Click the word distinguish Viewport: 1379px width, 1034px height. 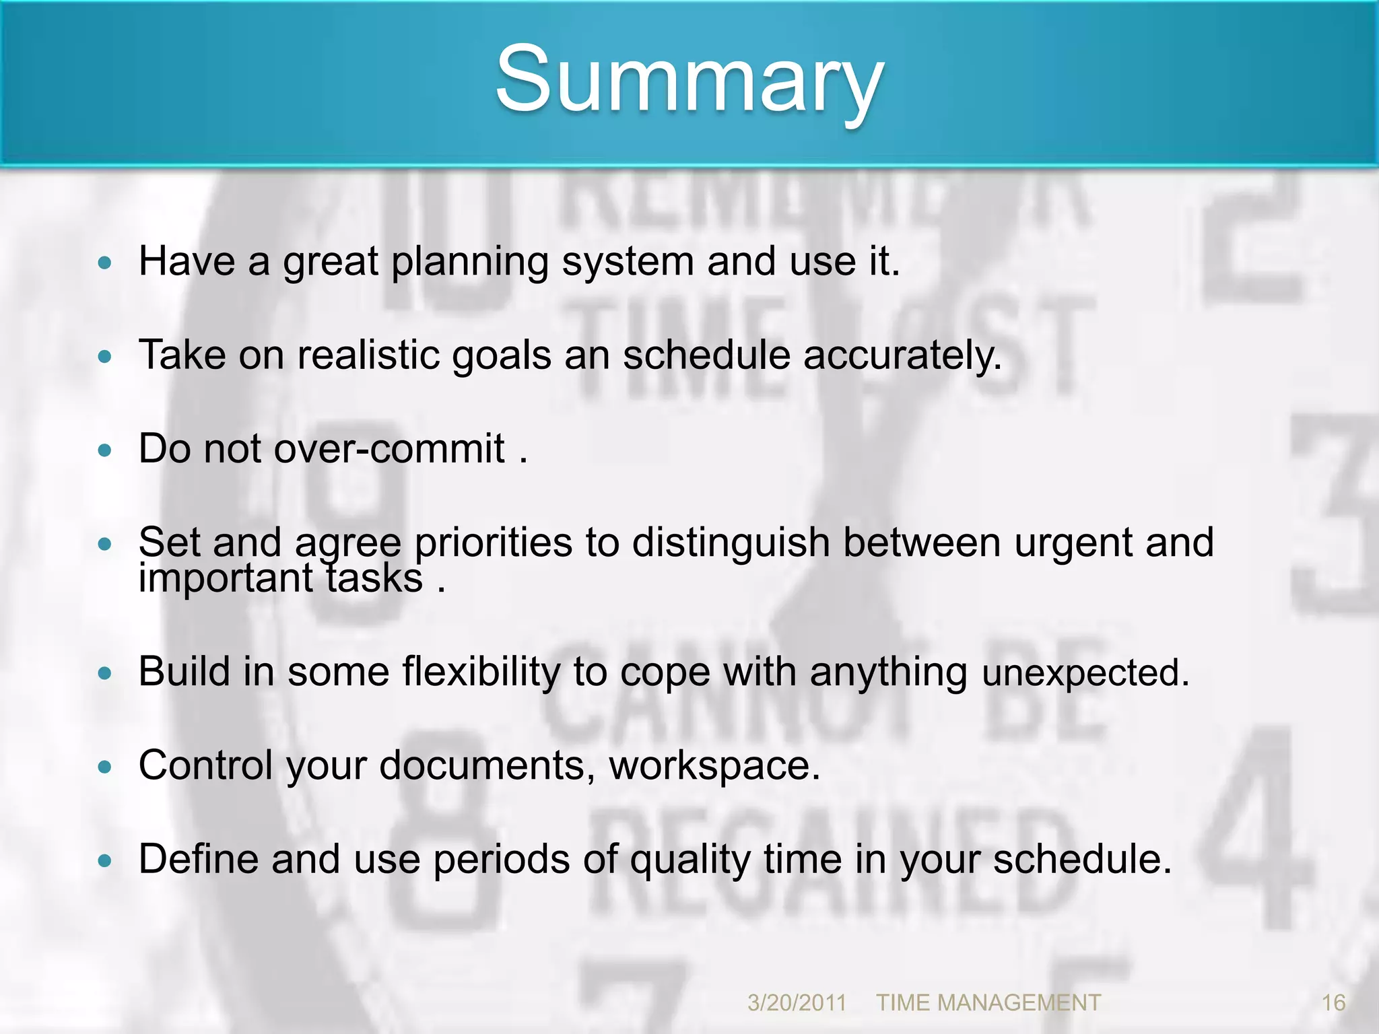coord(731,542)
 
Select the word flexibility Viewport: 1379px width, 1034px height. coord(481,672)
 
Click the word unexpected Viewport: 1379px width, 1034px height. coord(1085,673)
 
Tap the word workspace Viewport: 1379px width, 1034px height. coord(714,765)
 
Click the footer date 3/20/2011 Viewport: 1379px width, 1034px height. coord(797,1002)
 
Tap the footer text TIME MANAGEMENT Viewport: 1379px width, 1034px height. coord(988,1002)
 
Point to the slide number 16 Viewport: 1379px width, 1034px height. coord(1333,1002)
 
